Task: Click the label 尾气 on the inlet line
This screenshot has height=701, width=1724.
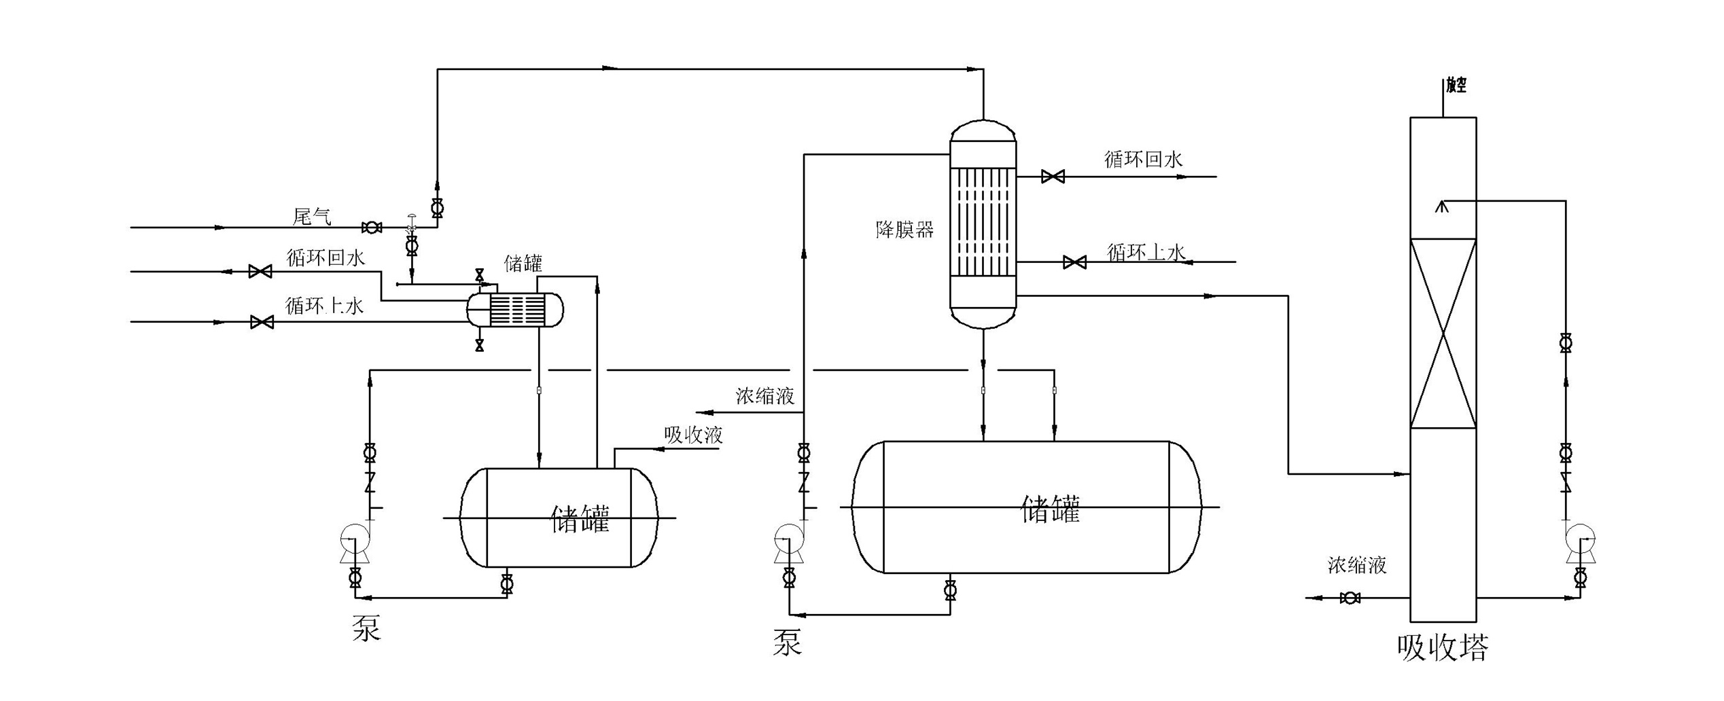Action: coord(312,217)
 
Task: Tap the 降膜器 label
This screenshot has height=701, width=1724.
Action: coord(904,230)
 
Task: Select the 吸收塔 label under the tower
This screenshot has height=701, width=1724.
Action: coord(1443,648)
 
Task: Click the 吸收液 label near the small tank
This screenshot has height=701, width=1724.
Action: coord(693,435)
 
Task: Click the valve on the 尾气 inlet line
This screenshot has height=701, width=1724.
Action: coord(372,228)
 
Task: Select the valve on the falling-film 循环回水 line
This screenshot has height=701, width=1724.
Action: coord(1053,177)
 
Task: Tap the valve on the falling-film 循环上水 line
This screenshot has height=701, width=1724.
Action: coord(1074,262)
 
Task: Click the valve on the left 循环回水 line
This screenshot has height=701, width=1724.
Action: coord(260,272)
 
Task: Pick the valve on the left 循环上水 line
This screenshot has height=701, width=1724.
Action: coord(262,322)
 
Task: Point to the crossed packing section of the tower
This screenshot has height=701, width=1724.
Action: coord(1443,334)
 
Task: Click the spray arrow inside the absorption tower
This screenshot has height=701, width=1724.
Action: coord(1441,205)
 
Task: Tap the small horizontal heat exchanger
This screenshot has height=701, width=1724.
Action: coord(515,310)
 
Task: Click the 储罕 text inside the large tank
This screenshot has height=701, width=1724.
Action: coord(1050,509)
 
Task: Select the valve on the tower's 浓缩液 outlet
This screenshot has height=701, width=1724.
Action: coord(1350,598)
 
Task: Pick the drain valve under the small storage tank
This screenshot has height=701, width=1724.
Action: coord(506,583)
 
